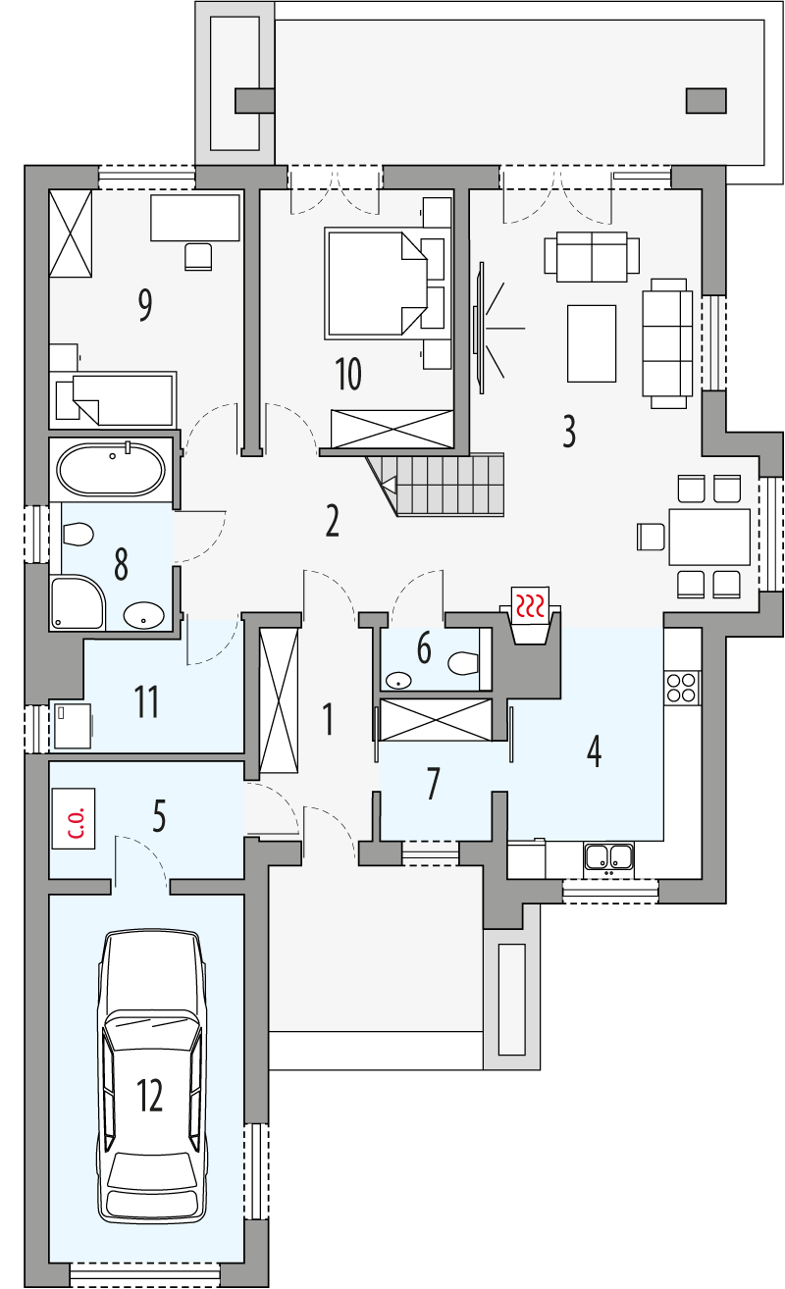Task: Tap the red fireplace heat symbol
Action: coord(530,605)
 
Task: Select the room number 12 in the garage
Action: coord(150,1095)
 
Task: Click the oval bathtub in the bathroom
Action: coord(111,470)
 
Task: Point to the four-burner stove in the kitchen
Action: coord(682,688)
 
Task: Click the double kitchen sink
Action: coord(608,856)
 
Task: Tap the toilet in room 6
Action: coord(464,663)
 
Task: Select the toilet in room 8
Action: coord(78,535)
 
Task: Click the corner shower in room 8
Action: coord(78,602)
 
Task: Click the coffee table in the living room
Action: coord(592,343)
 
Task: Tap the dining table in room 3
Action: coord(709,537)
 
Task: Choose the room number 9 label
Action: coord(145,305)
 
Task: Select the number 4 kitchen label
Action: coord(594,751)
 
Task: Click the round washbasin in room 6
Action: coord(397,681)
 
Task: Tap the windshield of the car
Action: coord(152,1028)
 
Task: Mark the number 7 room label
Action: coord(433,783)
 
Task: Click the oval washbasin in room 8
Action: coord(143,615)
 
